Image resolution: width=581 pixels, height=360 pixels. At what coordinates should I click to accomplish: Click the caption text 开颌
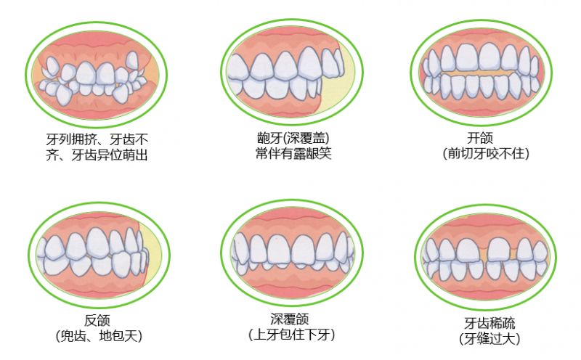[x=480, y=138]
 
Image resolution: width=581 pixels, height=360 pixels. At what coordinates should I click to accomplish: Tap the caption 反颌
[x=97, y=320]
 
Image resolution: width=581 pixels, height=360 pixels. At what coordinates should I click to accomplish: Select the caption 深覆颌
[x=289, y=319]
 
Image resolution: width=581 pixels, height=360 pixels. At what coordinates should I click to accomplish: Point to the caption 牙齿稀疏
[x=489, y=323]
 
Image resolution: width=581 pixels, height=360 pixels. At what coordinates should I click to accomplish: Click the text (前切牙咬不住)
[x=486, y=153]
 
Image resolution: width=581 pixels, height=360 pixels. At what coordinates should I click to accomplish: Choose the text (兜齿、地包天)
[x=99, y=336]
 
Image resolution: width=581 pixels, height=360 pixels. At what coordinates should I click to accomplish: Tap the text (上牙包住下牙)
[x=292, y=335]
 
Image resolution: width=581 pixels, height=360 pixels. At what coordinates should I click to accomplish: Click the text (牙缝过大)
[x=489, y=338]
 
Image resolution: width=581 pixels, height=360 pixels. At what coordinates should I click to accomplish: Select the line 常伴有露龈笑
[x=293, y=153]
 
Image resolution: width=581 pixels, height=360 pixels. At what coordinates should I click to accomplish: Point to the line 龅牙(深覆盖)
[x=293, y=138]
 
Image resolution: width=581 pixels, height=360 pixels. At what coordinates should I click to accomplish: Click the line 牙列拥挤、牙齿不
[x=97, y=139]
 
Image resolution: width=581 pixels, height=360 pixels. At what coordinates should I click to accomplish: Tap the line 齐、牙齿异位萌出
[x=97, y=155]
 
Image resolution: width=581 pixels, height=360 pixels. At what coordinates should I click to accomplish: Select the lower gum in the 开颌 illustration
[x=482, y=104]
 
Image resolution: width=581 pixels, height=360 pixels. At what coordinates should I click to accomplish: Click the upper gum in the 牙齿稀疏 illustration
[x=485, y=228]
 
